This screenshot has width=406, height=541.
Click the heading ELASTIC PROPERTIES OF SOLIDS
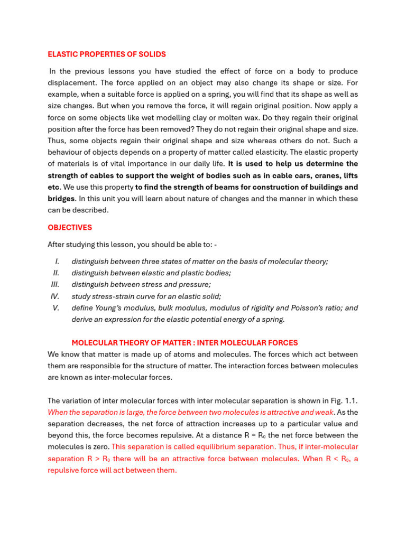pos(107,54)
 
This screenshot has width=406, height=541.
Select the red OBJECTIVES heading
pos(70,228)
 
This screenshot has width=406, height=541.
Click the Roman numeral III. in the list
pos(55,285)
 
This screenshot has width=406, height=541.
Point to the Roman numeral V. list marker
pos(56,308)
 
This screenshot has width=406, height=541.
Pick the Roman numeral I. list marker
pos(57,262)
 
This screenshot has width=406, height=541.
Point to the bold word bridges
pos(61,199)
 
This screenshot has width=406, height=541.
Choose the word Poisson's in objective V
pos(304,308)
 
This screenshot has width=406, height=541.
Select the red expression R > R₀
pos(98,459)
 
